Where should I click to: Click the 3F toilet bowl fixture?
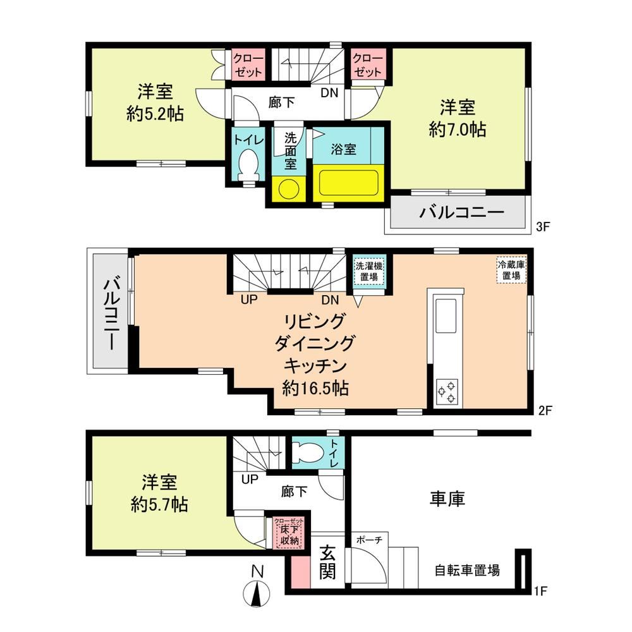click(x=248, y=165)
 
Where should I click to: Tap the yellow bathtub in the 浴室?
click(x=348, y=183)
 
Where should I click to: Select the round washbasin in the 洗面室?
click(x=289, y=188)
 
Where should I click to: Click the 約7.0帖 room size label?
click(x=458, y=130)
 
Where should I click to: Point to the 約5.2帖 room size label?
click(x=155, y=114)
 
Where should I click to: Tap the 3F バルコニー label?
click(x=462, y=212)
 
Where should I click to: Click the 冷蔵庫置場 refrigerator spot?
click(x=511, y=270)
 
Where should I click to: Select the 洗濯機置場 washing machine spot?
click(x=369, y=272)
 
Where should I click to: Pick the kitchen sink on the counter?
click(x=446, y=316)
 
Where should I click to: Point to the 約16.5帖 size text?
click(x=315, y=388)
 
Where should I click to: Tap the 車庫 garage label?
click(x=447, y=499)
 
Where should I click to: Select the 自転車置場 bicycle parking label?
click(x=467, y=570)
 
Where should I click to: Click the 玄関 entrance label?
click(x=327, y=562)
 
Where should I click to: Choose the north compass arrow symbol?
click(x=257, y=593)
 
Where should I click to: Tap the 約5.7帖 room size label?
click(x=159, y=504)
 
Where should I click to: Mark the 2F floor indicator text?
click(x=545, y=411)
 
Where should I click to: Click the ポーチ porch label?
click(x=369, y=539)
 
